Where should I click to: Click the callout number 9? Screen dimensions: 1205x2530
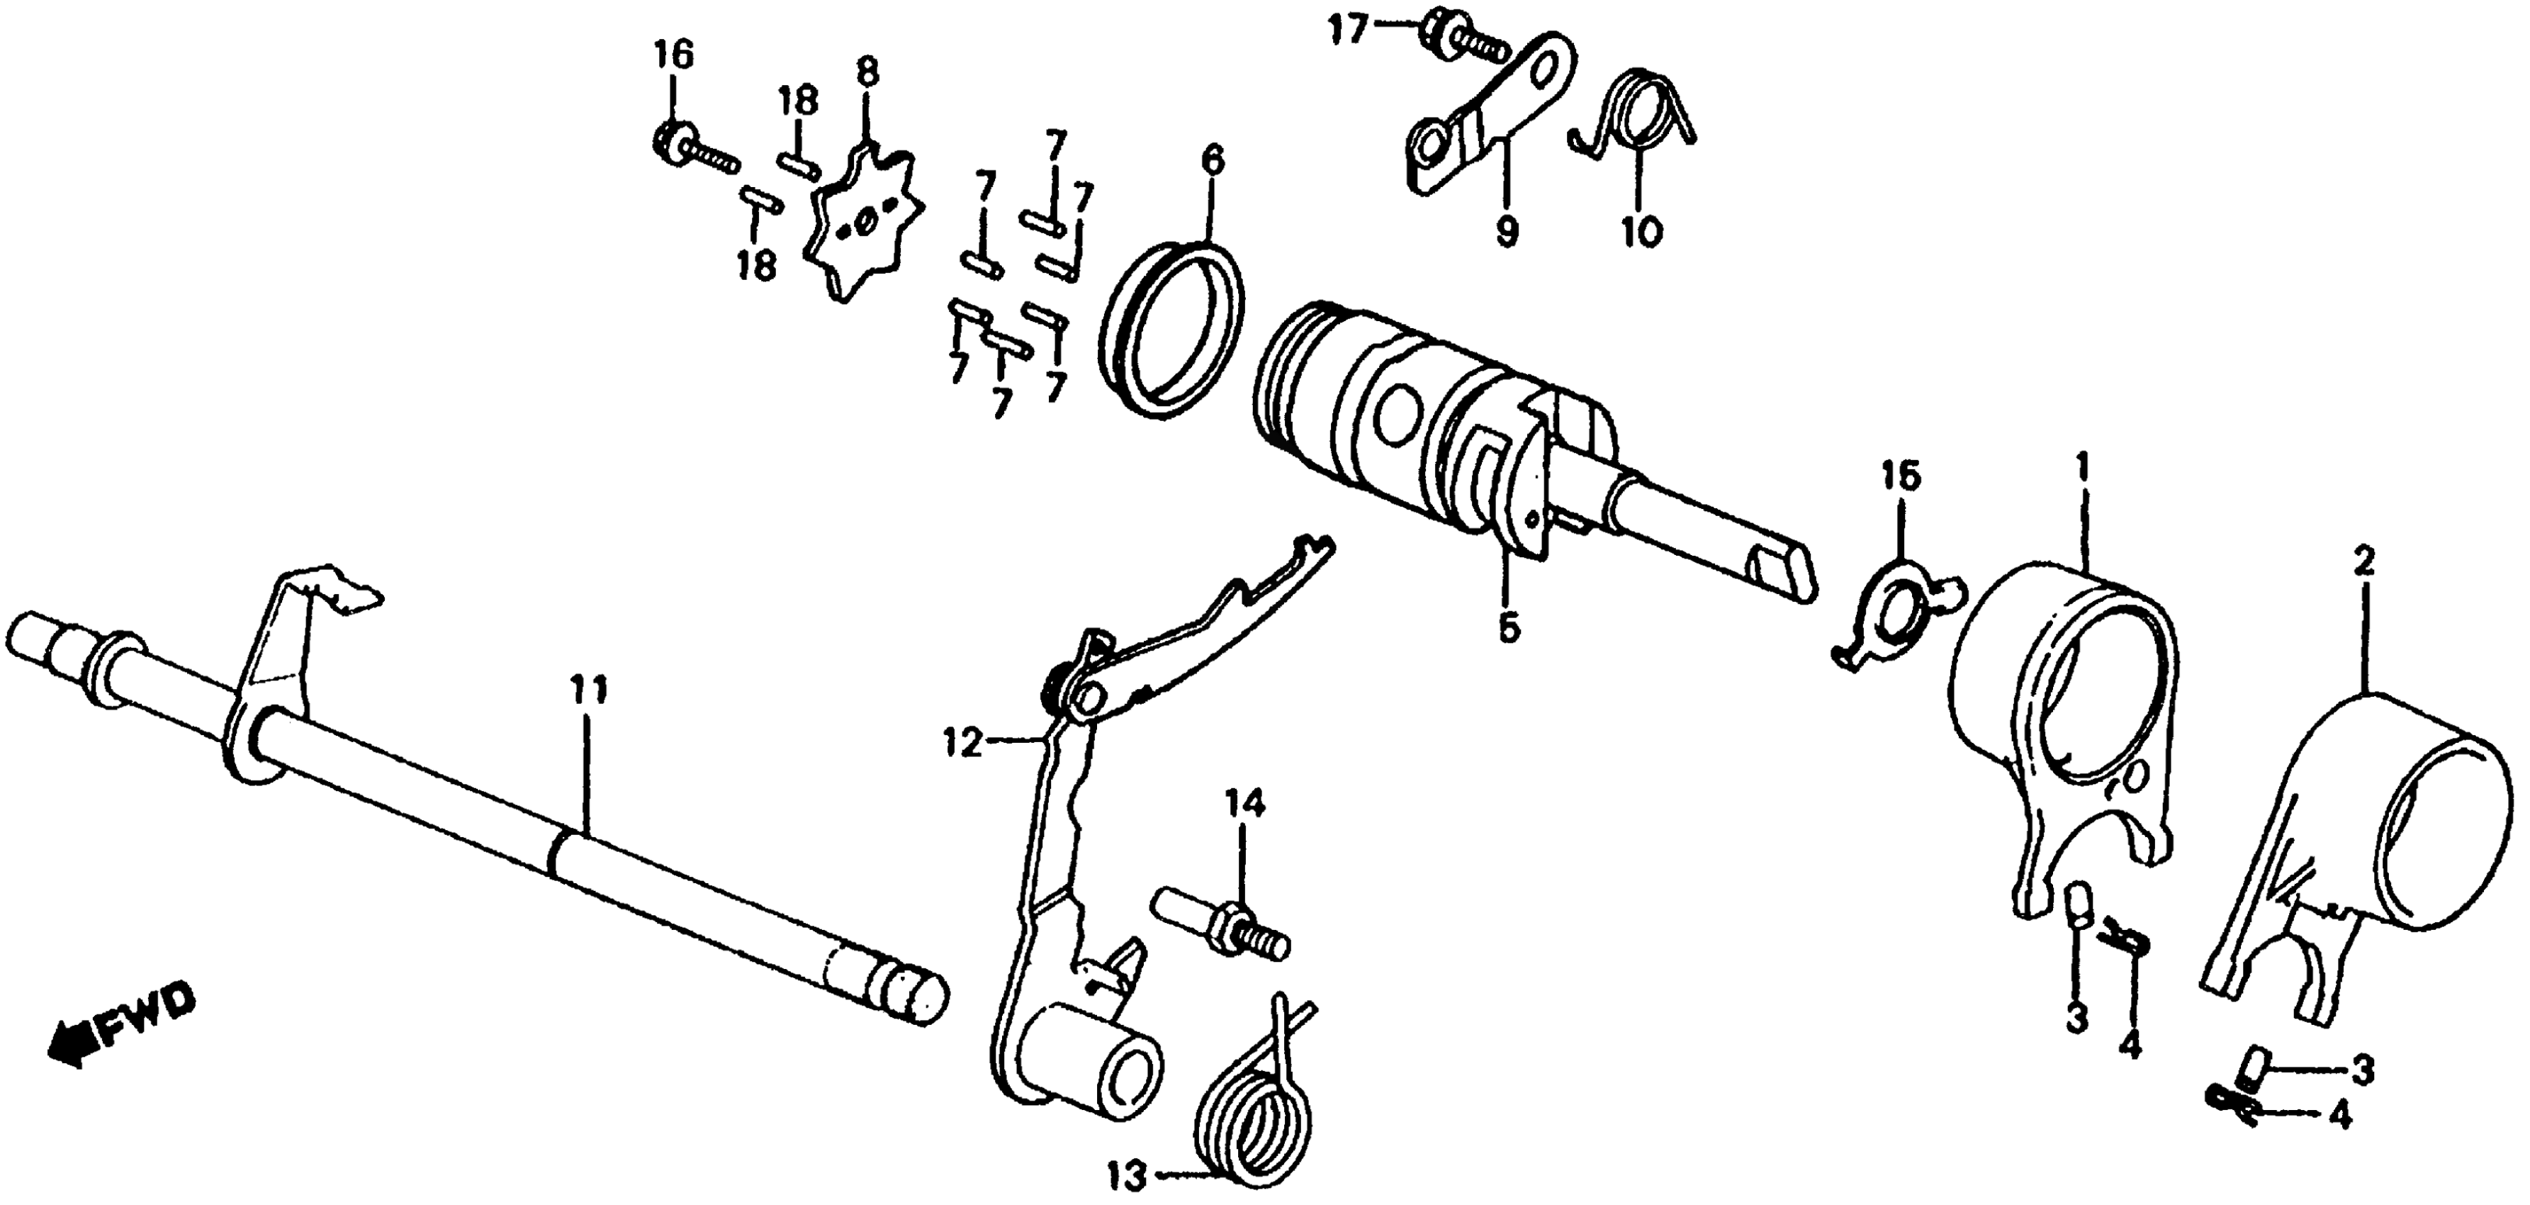1506,232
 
